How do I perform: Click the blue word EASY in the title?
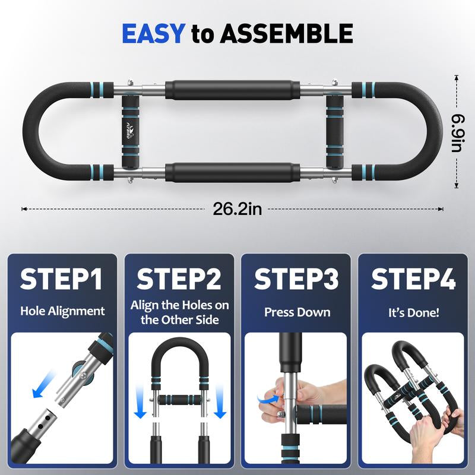click(154, 33)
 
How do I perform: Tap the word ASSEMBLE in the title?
click(287, 33)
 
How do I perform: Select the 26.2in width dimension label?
click(237, 208)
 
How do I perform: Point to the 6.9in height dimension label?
click(456, 132)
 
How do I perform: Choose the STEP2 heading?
click(179, 279)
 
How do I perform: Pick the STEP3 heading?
click(296, 279)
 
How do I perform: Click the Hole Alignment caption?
click(62, 311)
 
